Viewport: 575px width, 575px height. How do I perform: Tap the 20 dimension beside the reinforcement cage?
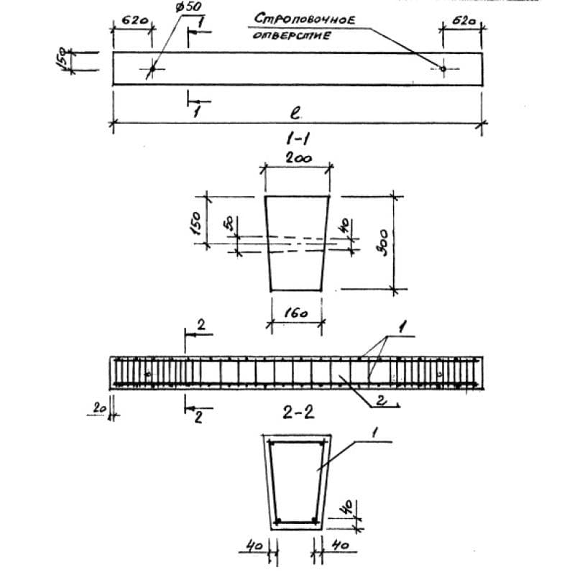click(98, 408)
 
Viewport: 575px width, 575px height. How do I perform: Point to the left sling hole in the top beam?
click(152, 69)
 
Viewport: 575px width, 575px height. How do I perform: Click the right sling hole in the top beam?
click(443, 68)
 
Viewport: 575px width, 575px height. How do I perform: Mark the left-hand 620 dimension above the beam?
click(131, 22)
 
